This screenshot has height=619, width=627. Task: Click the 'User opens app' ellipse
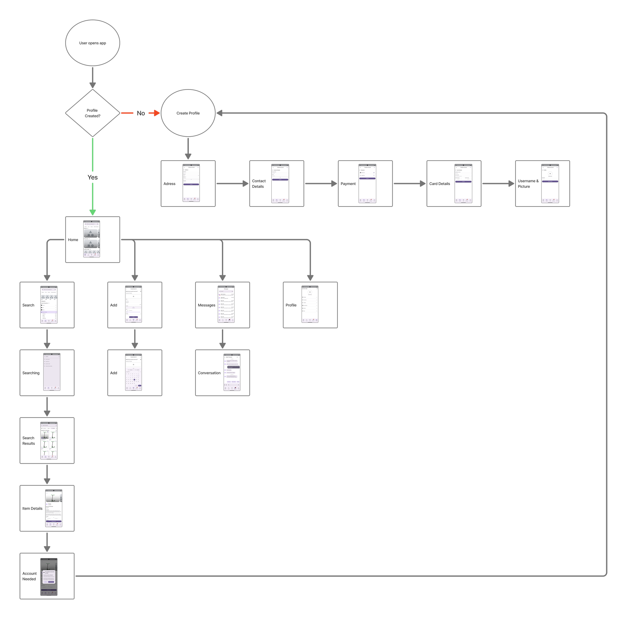click(x=93, y=43)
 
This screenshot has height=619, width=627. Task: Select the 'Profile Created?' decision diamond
click(x=93, y=113)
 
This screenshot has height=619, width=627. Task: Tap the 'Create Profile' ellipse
click(x=188, y=113)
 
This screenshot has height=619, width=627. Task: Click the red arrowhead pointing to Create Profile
click(x=156, y=113)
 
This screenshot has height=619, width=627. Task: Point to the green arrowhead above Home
click(x=93, y=212)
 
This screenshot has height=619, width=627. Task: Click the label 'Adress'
click(x=169, y=184)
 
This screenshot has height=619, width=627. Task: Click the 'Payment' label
click(x=348, y=184)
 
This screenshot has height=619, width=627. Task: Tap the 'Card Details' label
click(x=439, y=184)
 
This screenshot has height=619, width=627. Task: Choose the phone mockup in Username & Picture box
click(x=550, y=184)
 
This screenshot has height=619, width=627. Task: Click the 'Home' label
click(x=73, y=240)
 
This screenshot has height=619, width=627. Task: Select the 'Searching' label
click(x=31, y=373)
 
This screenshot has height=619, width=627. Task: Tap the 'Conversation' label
click(x=209, y=373)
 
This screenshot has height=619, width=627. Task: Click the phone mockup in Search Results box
click(x=49, y=440)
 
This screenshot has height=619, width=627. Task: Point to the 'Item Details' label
click(x=32, y=509)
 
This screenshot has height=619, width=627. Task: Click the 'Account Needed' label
click(x=29, y=576)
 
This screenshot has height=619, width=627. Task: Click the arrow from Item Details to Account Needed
click(x=47, y=542)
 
